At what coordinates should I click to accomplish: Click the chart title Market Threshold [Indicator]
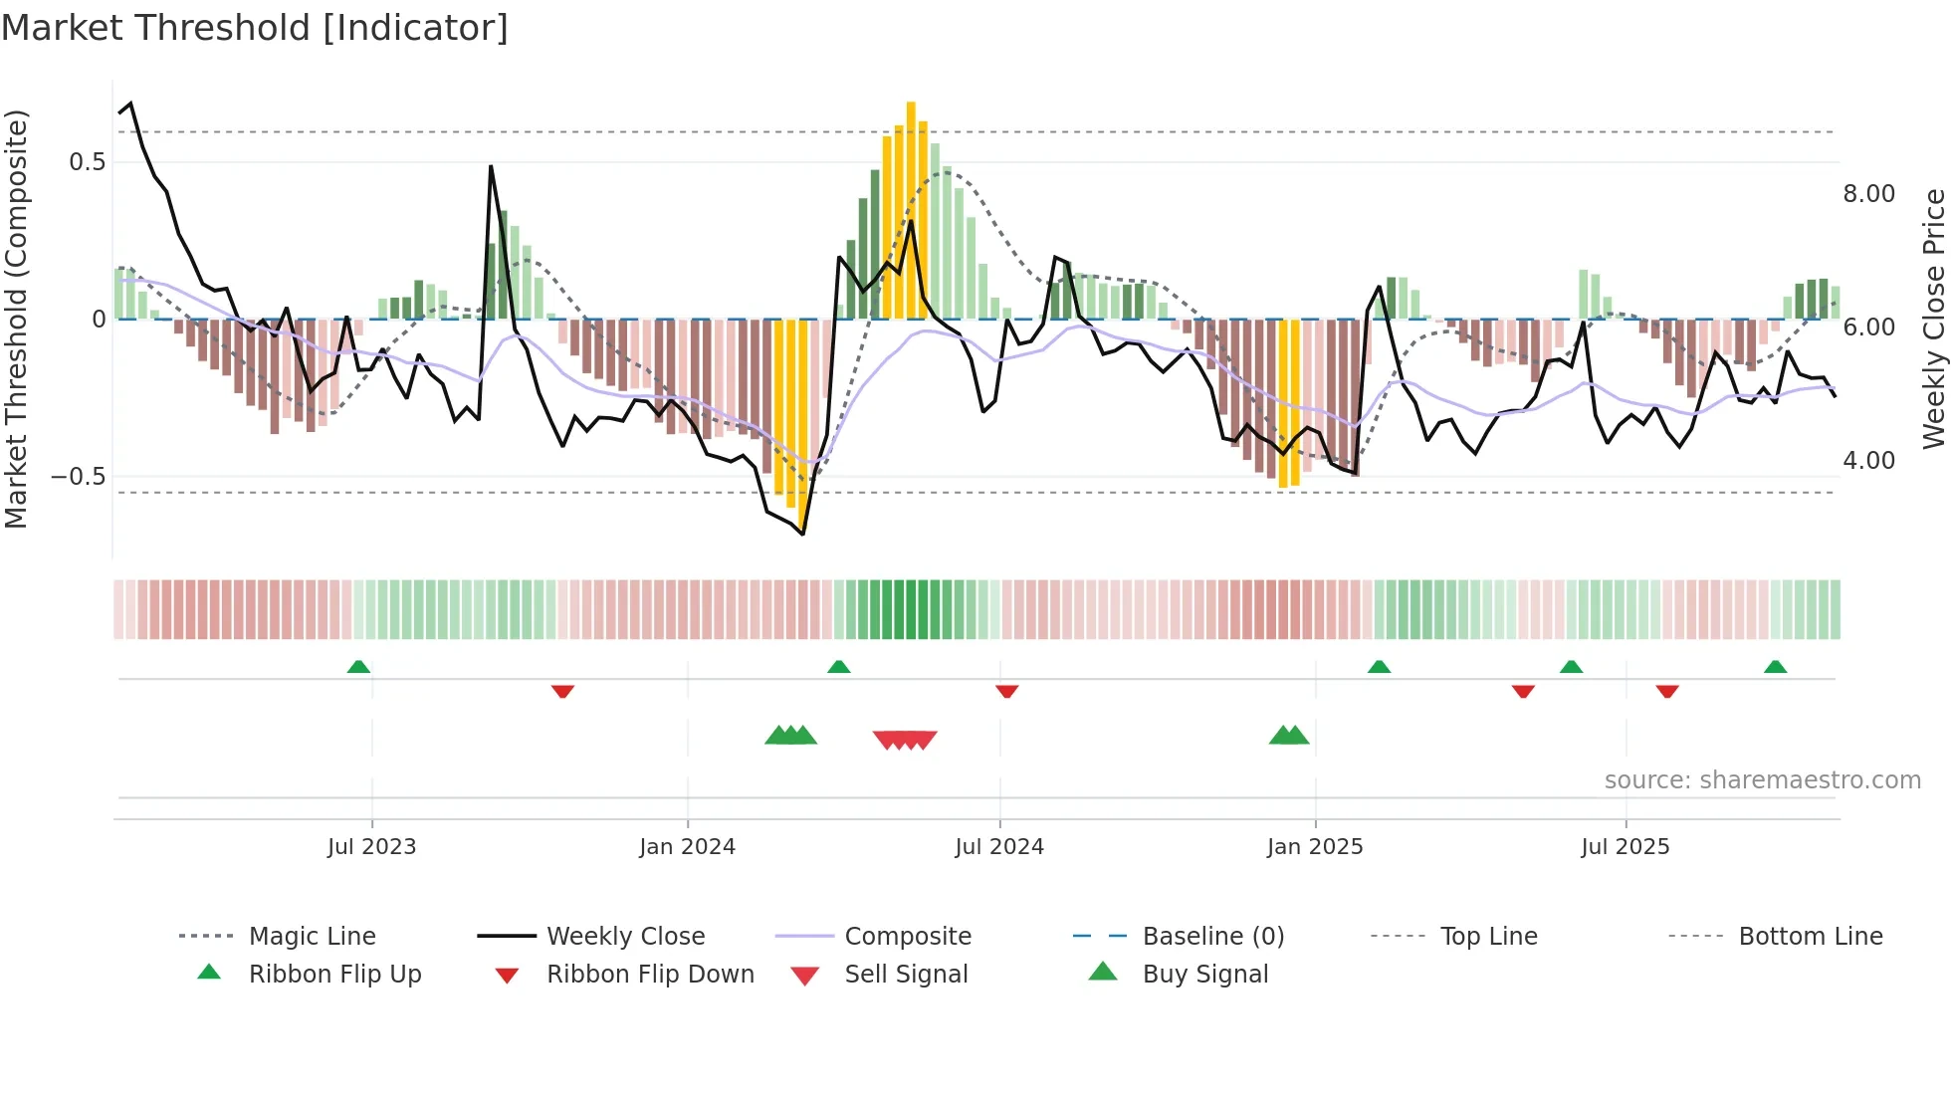point(255,28)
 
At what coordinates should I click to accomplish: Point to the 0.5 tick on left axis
point(87,162)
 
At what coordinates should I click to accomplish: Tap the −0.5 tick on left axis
point(79,477)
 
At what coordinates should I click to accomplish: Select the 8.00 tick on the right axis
point(1868,194)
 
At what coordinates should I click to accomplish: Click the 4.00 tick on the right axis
point(1868,461)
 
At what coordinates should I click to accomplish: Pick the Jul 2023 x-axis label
point(371,847)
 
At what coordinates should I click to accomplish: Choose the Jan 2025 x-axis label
point(1314,847)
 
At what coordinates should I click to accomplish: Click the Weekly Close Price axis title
point(1933,319)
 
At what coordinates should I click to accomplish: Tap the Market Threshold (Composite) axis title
point(16,319)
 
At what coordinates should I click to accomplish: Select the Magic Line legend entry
point(312,937)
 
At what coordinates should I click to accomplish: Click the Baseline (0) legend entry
point(1212,937)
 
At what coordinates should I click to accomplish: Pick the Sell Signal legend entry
point(905,975)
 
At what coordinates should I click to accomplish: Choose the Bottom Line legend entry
point(1810,937)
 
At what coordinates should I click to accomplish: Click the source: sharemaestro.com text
point(1762,780)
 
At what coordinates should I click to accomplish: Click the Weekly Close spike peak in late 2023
point(491,167)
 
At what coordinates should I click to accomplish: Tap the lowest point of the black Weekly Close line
point(802,534)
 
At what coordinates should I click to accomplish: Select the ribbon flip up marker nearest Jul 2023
point(358,667)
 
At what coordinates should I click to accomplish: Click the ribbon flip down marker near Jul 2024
point(1006,691)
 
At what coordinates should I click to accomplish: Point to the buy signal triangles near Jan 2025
point(1289,736)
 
